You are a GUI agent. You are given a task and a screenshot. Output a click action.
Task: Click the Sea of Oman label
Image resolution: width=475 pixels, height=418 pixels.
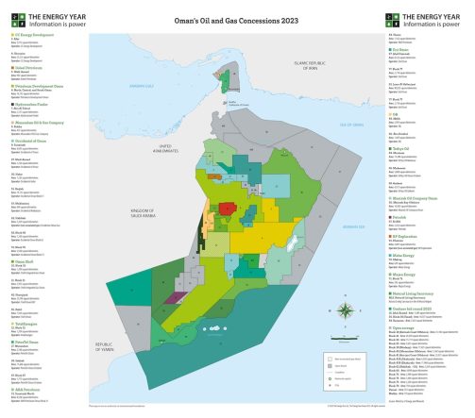(350, 124)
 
